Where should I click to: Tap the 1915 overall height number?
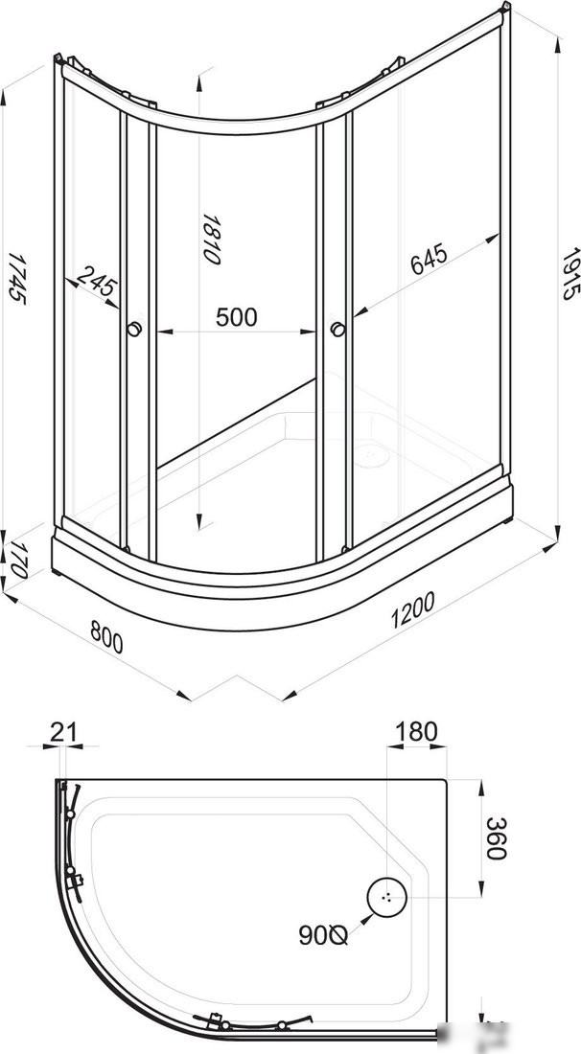point(570,275)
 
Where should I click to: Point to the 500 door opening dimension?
point(236,317)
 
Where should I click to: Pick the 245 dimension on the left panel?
point(97,285)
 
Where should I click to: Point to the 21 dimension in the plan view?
point(62,732)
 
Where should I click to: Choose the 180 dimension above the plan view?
point(415,732)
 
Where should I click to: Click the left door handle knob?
point(134,330)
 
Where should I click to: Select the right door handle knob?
point(337,330)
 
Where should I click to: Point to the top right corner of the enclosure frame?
point(502,13)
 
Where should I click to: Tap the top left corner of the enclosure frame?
point(59,63)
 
